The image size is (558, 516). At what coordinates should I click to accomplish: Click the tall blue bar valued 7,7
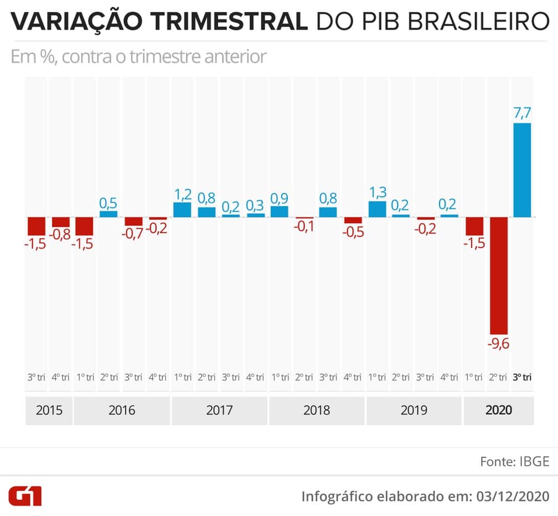[x=522, y=169]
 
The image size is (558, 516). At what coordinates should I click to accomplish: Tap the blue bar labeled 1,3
[x=377, y=209]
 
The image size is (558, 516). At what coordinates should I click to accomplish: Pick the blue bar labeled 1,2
[x=182, y=209]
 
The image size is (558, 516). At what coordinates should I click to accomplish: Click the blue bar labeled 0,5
[x=108, y=214]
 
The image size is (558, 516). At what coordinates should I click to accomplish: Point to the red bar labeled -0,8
[x=60, y=222]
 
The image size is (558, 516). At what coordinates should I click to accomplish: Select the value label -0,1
[x=303, y=226]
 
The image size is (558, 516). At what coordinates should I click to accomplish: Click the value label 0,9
[x=280, y=198]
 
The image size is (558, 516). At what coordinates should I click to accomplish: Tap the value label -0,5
[x=353, y=232]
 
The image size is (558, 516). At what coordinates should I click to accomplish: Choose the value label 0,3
[x=255, y=205]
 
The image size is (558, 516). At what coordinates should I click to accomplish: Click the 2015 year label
[x=49, y=410]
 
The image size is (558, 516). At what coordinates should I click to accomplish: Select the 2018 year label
[x=317, y=410]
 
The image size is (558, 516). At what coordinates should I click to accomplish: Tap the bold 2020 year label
[x=498, y=410]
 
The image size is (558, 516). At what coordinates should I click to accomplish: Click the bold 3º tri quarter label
[x=522, y=378]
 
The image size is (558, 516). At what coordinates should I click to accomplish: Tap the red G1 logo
[x=25, y=495]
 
